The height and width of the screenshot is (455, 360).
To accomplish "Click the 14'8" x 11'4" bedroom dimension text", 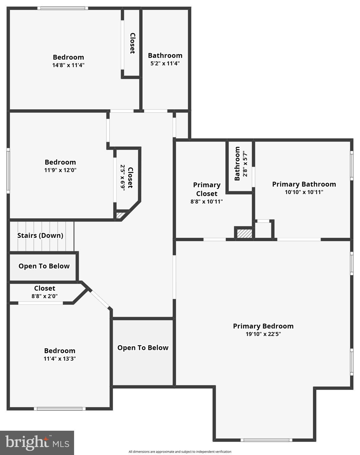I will tap(68, 65).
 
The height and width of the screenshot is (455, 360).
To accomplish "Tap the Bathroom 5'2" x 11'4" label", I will tap(165, 56).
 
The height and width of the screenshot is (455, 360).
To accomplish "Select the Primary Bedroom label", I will tap(263, 326).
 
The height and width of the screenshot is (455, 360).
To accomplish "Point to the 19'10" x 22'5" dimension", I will tap(263, 334).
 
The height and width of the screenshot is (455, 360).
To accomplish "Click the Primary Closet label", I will tap(207, 189).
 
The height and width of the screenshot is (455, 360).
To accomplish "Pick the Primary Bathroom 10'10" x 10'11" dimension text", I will tap(304, 192).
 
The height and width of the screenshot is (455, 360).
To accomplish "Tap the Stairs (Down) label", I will tap(40, 235).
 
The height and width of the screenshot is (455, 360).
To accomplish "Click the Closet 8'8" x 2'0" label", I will tap(44, 288).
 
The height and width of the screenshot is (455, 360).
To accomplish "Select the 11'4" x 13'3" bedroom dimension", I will tap(60, 359).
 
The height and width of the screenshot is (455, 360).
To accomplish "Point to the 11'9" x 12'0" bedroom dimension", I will tap(60, 170).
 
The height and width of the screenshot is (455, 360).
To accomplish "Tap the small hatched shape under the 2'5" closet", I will tap(119, 215).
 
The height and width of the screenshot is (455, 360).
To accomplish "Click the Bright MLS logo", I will tap(37, 443).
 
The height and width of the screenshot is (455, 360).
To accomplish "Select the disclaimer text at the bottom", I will tap(180, 452).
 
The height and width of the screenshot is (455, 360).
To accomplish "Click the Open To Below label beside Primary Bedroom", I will tap(143, 348).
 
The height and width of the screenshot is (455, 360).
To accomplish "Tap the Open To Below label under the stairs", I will tap(44, 266).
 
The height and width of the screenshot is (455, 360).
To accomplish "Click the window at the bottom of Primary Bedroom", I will tap(266, 440).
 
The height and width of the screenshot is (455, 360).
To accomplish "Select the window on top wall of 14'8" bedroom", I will tap(63, 8).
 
